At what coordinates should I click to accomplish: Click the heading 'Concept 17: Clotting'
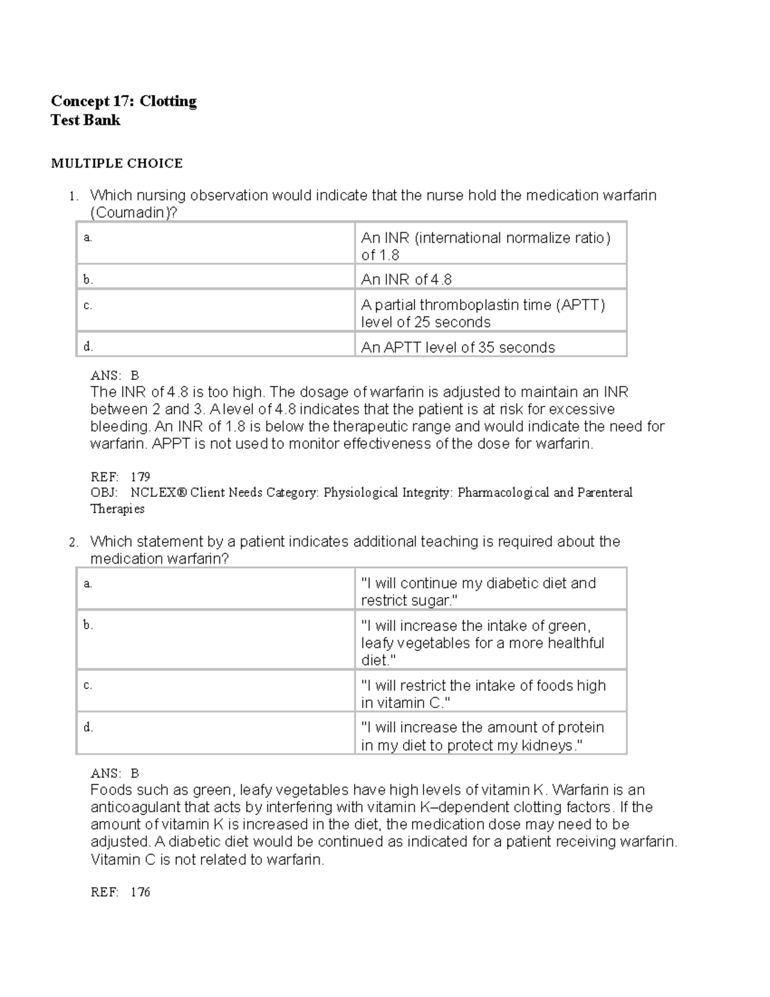click(x=123, y=101)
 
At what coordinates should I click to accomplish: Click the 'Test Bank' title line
click(x=85, y=120)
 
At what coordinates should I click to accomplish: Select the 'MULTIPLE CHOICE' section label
click(x=117, y=164)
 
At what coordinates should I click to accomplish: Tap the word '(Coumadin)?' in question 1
click(x=132, y=212)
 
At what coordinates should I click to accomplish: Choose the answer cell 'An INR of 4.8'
click(x=406, y=279)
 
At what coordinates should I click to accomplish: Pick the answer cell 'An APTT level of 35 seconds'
click(x=458, y=347)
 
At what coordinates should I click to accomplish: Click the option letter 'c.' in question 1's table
click(x=88, y=306)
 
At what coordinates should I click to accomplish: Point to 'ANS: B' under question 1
click(x=115, y=376)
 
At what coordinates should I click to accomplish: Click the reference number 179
click(x=140, y=476)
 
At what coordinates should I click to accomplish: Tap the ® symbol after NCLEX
click(x=184, y=492)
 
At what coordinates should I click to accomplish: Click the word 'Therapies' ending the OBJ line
click(x=117, y=508)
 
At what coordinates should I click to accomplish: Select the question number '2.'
click(x=74, y=542)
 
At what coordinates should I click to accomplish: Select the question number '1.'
click(x=74, y=196)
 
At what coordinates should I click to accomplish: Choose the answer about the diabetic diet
click(x=478, y=591)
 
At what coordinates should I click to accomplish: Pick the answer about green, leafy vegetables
click(x=482, y=643)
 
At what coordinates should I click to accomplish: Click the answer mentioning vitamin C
click(x=483, y=694)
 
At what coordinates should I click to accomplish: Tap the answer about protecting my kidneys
click(x=482, y=736)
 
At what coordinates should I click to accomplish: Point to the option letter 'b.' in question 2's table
click(x=88, y=625)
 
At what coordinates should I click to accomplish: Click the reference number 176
click(x=140, y=892)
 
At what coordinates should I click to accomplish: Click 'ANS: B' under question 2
click(x=115, y=774)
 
